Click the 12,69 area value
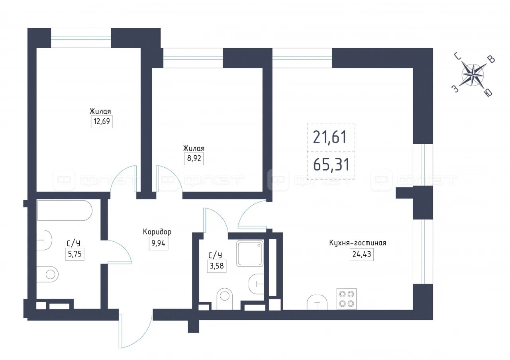102,121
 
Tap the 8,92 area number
194,158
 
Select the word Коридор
157,232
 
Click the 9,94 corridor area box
159,243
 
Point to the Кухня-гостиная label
358,243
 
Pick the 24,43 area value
362,254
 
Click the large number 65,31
331,165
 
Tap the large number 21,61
330,137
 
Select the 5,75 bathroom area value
75,254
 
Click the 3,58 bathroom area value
217,266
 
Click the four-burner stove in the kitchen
347,299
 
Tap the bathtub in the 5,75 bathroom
65,211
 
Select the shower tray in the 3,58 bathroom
250,253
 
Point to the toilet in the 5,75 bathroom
47,274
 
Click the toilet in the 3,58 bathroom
224,299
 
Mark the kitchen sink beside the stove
317,302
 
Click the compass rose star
473,75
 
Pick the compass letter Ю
488,93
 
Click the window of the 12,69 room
81,38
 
